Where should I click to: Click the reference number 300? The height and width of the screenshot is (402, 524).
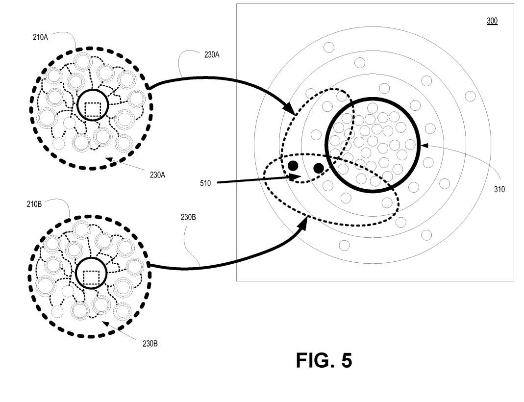pyautogui.click(x=492, y=21)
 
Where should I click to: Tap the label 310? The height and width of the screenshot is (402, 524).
pyautogui.click(x=499, y=189)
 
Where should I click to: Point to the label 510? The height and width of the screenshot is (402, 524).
pyautogui.click(x=205, y=183)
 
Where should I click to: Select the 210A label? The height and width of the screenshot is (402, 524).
pyautogui.click(x=40, y=36)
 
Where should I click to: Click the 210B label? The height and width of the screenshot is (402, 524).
pyautogui.click(x=34, y=204)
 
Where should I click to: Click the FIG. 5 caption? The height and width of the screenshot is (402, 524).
pyautogui.click(x=324, y=360)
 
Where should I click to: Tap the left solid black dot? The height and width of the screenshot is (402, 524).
pyautogui.click(x=293, y=166)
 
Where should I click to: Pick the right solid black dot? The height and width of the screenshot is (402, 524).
pyautogui.click(x=318, y=169)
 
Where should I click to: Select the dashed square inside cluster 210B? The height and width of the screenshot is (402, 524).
pyautogui.click(x=91, y=277)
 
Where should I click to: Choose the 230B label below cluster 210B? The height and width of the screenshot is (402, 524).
pyautogui.click(x=150, y=343)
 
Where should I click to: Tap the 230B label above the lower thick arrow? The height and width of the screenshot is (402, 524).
pyautogui.click(x=188, y=217)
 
